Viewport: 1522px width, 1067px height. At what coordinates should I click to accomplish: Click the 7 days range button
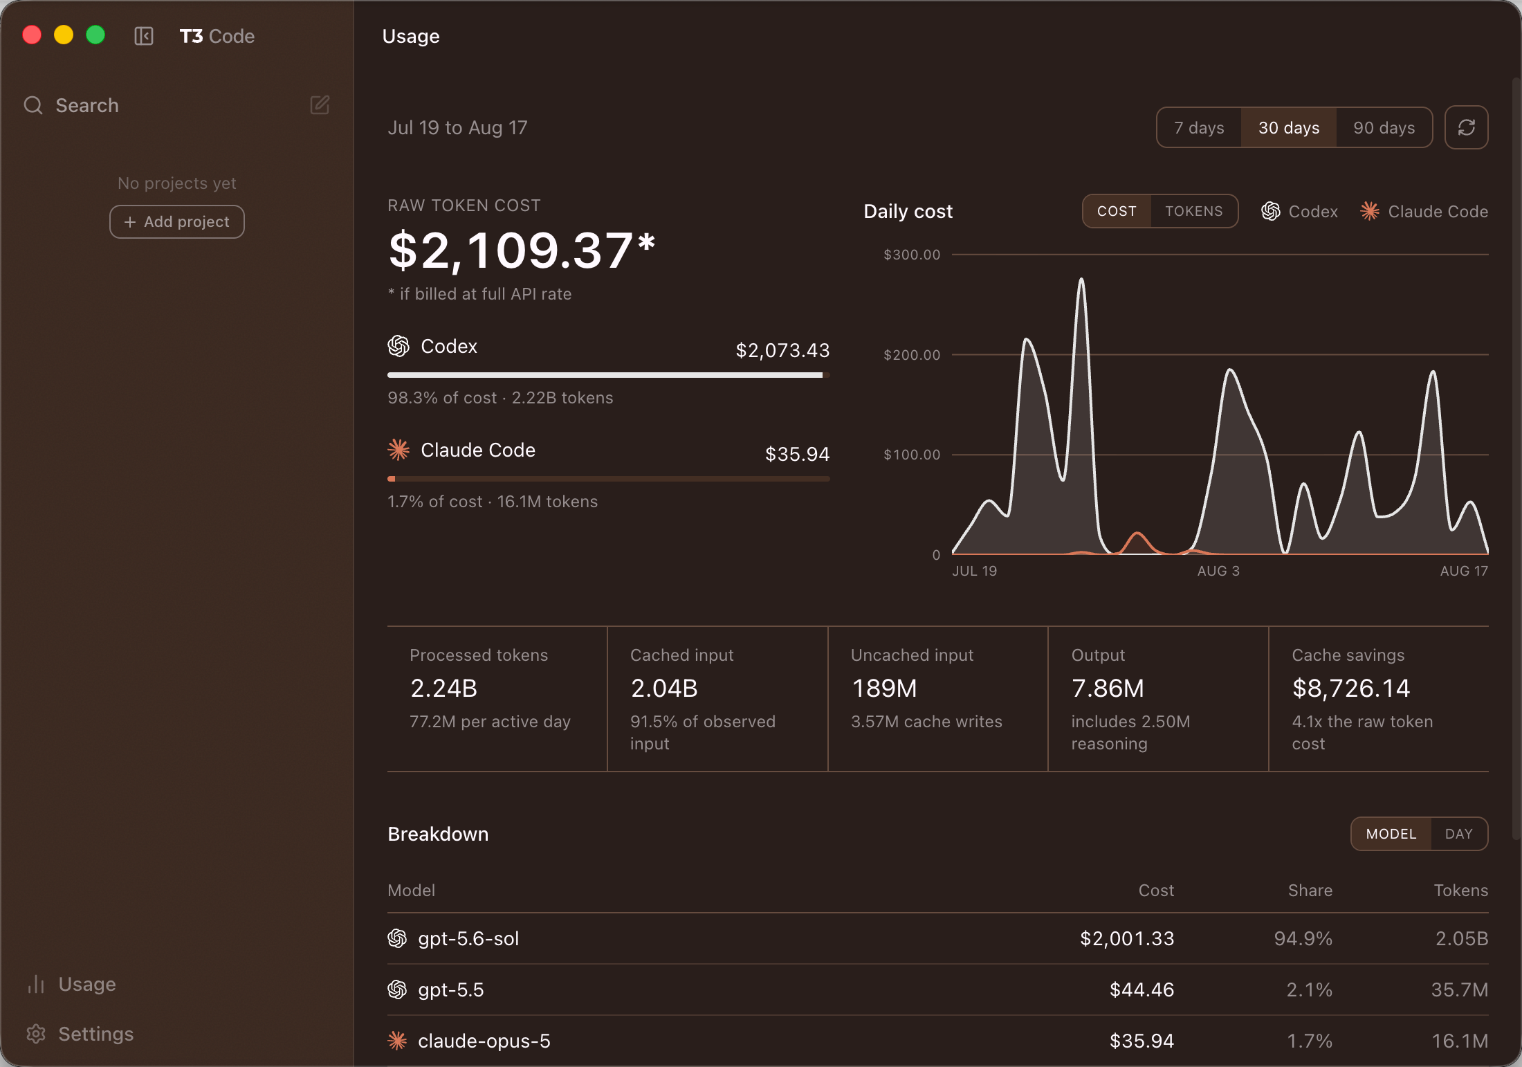1199,128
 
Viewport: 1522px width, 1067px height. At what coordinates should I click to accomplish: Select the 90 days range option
1384,128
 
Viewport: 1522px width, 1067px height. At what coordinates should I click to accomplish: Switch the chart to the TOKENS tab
1193,211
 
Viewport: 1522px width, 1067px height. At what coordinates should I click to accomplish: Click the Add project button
177,222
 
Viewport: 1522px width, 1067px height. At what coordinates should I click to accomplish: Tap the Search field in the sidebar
87,105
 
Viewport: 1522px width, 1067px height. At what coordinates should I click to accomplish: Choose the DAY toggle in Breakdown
1458,835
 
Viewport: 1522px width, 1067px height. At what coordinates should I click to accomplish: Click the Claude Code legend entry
1424,212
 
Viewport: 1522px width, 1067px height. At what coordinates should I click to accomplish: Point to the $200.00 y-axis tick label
912,355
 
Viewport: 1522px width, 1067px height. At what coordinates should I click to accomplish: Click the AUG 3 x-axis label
1218,571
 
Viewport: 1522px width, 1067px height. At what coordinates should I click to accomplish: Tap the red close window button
32,35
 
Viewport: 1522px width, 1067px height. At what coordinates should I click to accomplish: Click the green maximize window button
95,35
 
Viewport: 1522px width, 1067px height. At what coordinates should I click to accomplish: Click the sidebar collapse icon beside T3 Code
144,36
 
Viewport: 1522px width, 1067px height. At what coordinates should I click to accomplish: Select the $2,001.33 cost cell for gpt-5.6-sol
1127,939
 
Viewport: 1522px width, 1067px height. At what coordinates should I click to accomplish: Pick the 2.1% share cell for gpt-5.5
1309,990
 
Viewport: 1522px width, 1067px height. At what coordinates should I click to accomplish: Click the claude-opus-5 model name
484,1041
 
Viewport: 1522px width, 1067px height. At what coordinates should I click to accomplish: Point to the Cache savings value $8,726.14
1350,688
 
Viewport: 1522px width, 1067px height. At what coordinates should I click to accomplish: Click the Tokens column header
1460,891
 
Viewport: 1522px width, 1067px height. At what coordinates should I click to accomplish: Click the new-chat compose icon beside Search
320,105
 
